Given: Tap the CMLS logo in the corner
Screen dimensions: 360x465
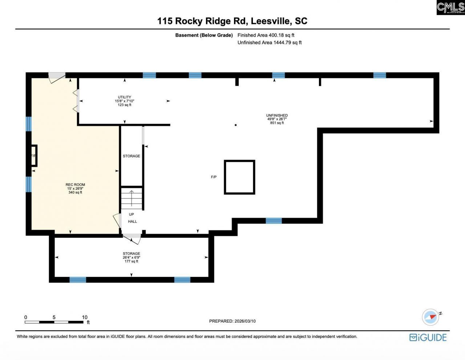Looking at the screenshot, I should click(450, 7).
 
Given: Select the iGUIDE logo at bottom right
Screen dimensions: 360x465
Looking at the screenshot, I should click(428, 337).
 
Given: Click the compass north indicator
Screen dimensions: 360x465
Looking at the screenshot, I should click(431, 317).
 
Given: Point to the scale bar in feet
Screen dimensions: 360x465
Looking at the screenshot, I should click(54, 322).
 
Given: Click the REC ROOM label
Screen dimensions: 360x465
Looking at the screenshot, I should click(75, 188).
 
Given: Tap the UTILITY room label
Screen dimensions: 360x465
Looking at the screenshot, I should click(125, 101).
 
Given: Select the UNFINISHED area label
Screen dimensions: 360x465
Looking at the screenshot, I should click(277, 119).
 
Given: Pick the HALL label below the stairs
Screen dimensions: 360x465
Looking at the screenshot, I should click(132, 221).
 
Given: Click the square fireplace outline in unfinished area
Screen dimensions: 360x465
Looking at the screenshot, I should click(239, 177).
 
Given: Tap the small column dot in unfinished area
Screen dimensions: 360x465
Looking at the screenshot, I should click(236, 125).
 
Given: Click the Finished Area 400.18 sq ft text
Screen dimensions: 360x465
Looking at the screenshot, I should click(266, 35).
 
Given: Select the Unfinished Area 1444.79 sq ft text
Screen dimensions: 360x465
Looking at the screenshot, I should click(270, 42).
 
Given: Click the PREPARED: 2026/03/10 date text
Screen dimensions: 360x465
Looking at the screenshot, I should click(232, 321).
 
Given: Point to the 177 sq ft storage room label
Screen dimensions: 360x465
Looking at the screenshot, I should click(131, 257).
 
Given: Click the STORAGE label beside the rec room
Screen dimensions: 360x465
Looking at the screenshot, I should click(131, 156).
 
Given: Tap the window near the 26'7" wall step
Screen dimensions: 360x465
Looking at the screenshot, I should click(274, 221).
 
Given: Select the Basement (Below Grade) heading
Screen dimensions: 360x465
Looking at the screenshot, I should click(204, 35).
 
